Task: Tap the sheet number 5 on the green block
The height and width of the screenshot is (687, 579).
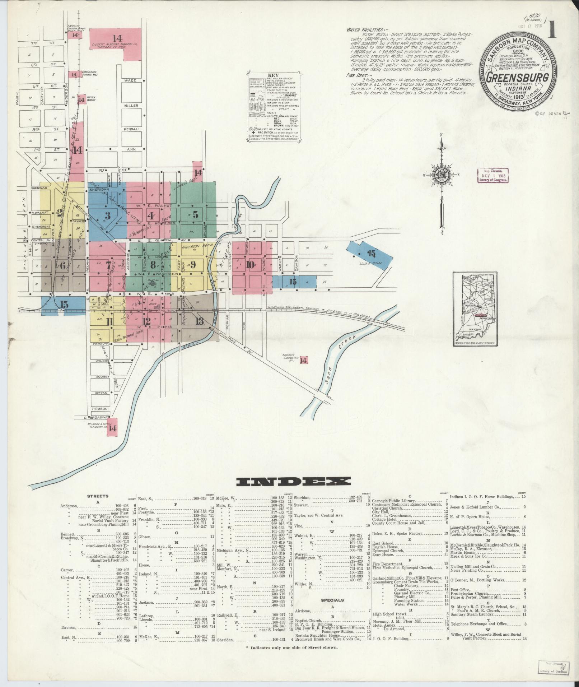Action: [195, 215]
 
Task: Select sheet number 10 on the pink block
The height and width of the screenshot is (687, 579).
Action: [250, 265]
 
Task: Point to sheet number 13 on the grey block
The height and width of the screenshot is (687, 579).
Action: [199, 321]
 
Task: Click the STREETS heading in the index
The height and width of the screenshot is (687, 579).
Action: [97, 496]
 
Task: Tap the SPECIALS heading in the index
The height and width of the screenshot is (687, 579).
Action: [332, 600]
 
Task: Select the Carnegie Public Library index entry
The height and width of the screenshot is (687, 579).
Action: [394, 501]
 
